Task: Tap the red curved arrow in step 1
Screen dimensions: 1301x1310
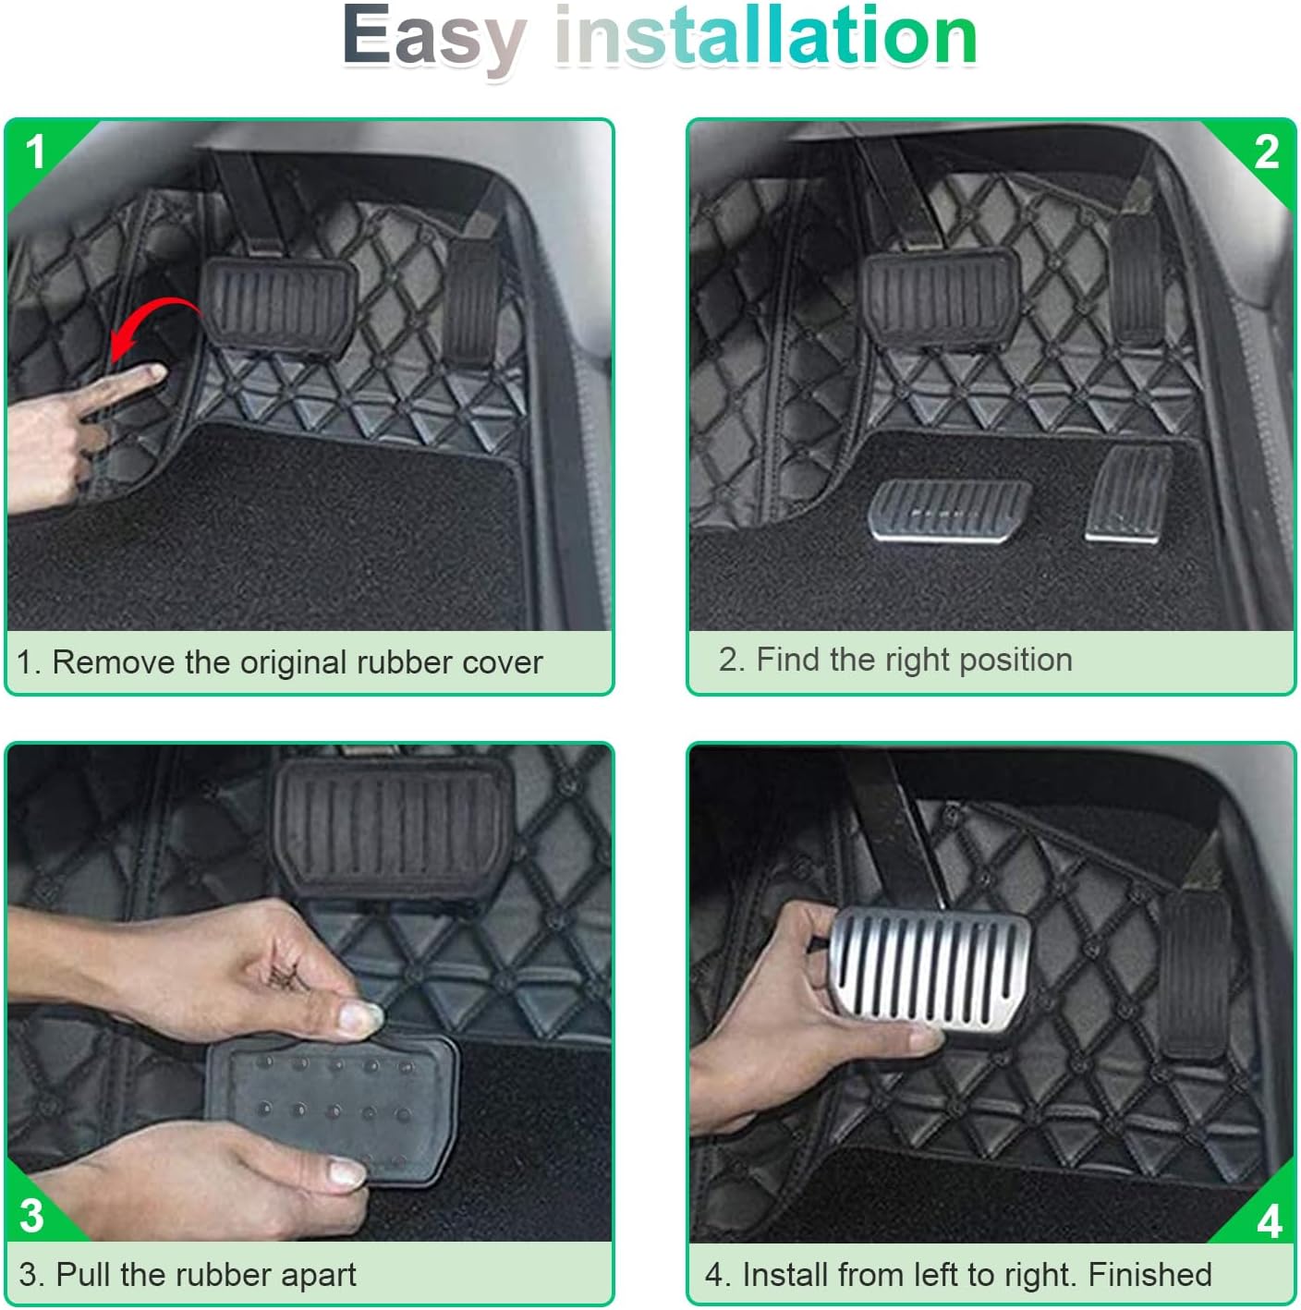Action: tap(153, 328)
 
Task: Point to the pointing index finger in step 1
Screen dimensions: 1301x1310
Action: tap(122, 389)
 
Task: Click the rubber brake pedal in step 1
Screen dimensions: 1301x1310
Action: tap(279, 307)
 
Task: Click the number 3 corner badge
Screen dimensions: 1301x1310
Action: tap(32, 1215)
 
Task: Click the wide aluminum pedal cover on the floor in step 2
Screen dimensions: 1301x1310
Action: tap(949, 510)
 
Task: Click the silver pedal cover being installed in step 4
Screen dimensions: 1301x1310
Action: tap(929, 968)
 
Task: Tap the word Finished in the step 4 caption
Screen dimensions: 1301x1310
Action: tap(1149, 1274)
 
